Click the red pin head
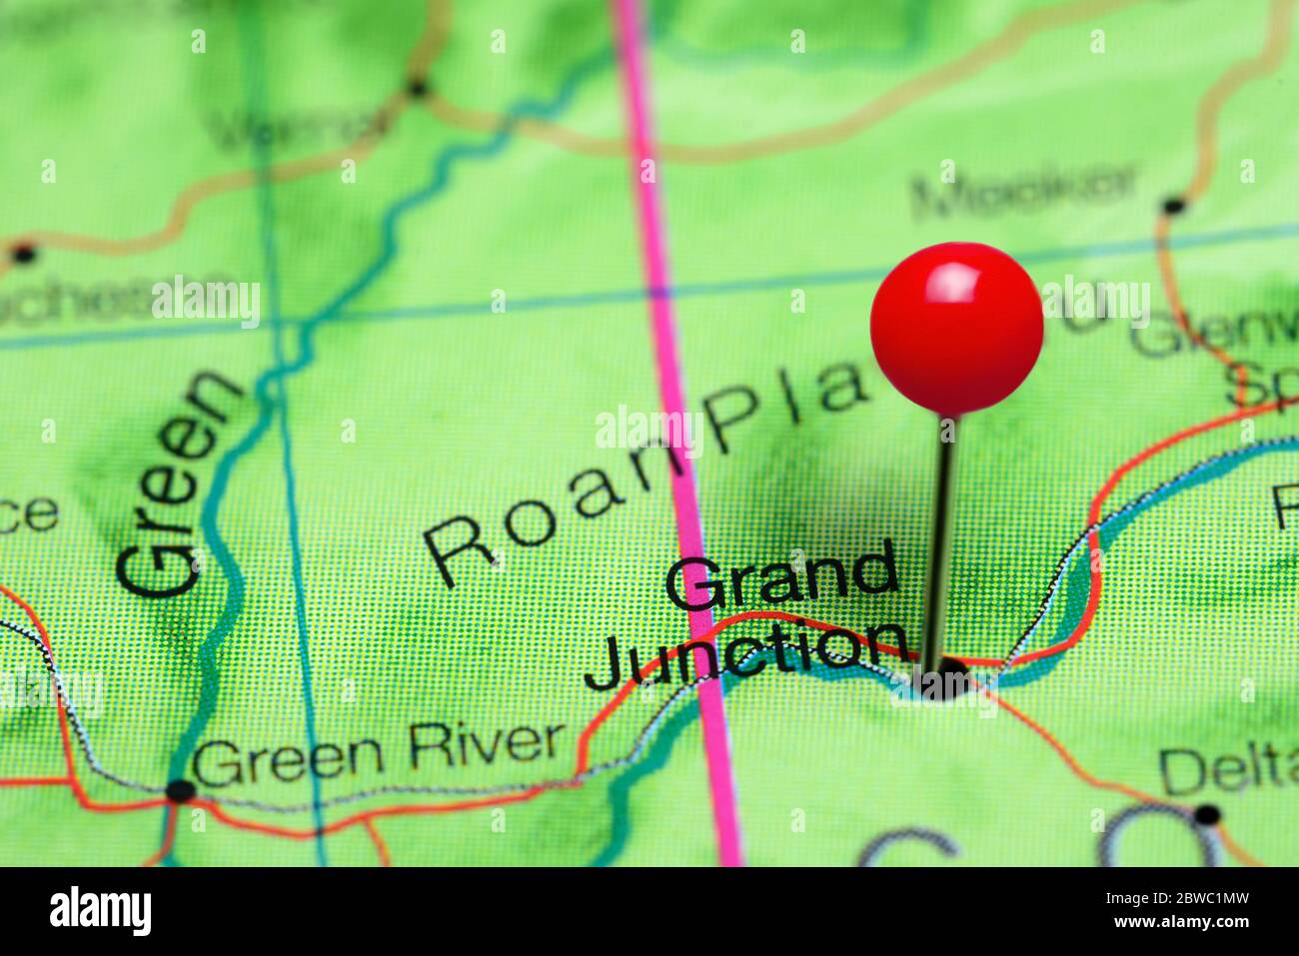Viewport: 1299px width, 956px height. pyautogui.click(x=956, y=328)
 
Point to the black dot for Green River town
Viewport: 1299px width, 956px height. pyautogui.click(x=180, y=791)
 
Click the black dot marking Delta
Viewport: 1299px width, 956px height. pyautogui.click(x=1206, y=813)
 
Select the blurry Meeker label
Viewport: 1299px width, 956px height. pyautogui.click(x=1023, y=191)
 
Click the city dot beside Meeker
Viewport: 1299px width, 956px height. pyautogui.click(x=1173, y=207)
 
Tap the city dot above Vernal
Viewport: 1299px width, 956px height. pyautogui.click(x=418, y=89)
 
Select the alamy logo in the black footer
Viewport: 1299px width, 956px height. pyautogui.click(x=100, y=911)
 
